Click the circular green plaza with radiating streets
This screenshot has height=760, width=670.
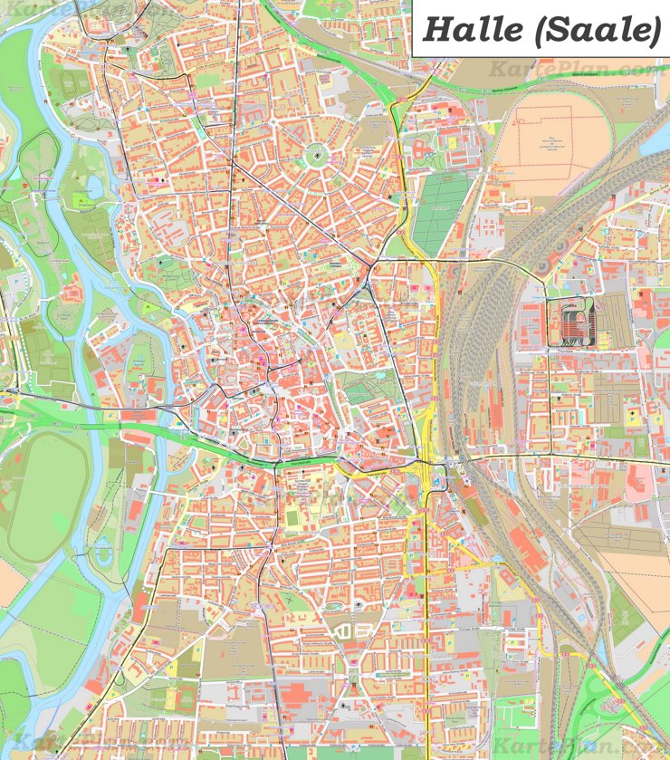click(318, 156)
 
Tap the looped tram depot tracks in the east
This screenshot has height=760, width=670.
click(569, 322)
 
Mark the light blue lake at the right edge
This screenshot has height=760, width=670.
click(659, 136)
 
